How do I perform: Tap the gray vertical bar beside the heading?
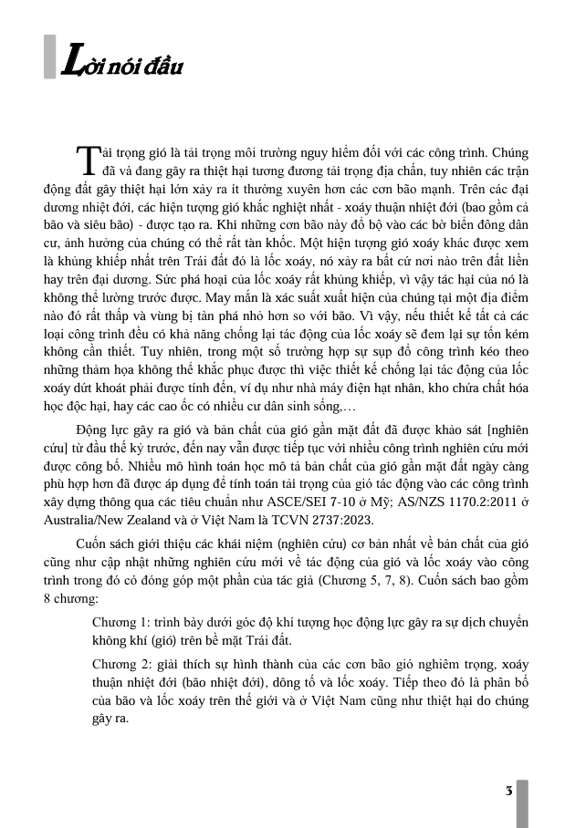tap(49, 57)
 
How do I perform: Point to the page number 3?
tap(507, 790)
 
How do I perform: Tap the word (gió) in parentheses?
tap(164, 639)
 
